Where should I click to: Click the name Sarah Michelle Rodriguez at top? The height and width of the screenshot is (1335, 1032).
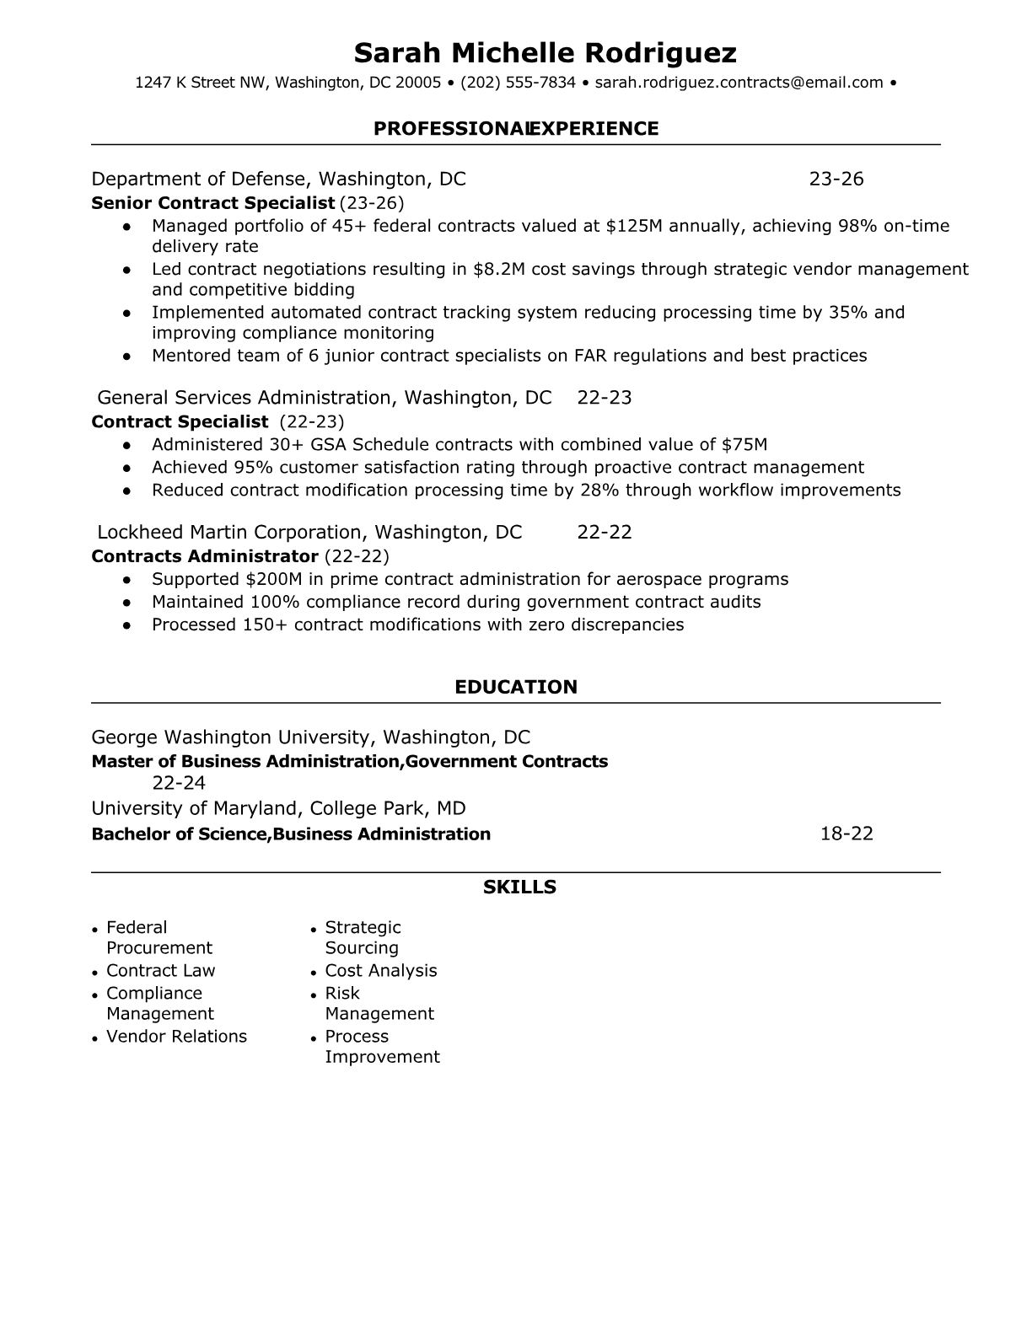(x=545, y=53)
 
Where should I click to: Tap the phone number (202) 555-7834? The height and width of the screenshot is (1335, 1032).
(x=518, y=83)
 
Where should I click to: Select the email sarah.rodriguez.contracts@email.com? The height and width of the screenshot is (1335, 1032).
(x=739, y=83)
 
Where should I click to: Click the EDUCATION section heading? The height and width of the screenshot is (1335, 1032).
(x=516, y=687)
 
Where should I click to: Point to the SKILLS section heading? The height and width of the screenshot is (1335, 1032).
(x=519, y=887)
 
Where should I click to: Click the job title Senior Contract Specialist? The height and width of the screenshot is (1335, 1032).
(x=212, y=203)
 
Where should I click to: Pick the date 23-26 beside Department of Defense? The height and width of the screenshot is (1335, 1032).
(x=836, y=179)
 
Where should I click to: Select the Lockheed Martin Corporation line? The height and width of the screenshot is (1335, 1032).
(x=309, y=533)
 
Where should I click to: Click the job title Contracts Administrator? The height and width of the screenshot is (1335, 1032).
(x=204, y=556)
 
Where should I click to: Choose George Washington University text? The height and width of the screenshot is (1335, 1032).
(x=229, y=737)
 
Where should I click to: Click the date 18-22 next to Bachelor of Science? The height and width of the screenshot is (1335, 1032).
(x=847, y=834)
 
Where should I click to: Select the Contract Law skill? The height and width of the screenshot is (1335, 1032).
(x=160, y=971)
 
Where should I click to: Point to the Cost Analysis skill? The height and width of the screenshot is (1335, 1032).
(x=381, y=971)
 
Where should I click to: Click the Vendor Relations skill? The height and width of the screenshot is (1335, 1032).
(x=176, y=1037)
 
